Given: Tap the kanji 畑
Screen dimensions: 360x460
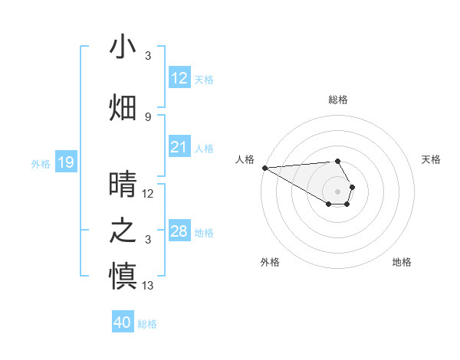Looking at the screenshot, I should [x=123, y=108].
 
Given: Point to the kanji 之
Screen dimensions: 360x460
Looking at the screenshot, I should [x=123, y=231].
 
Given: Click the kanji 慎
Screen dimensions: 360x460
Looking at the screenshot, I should [x=123, y=277].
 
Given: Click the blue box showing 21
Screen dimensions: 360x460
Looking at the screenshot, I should [x=179, y=147].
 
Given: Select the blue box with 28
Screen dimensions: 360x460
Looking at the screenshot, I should [x=179, y=231].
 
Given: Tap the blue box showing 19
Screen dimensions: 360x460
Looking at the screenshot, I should [x=65, y=162].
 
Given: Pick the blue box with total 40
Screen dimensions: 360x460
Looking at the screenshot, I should [x=122, y=322].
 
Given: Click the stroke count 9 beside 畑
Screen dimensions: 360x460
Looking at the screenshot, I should [x=148, y=116].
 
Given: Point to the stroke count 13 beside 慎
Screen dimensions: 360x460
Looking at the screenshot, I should [x=148, y=286].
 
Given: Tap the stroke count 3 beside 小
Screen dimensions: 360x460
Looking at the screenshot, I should [x=148, y=56].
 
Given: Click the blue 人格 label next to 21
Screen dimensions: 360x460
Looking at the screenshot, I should [x=204, y=148].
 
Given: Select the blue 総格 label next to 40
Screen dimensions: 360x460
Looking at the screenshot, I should [x=147, y=324].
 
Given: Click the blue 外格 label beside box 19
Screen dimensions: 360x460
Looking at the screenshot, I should [x=40, y=163].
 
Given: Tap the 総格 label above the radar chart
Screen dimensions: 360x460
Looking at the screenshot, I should [x=337, y=100].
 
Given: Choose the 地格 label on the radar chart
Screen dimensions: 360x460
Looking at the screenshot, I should [x=402, y=262].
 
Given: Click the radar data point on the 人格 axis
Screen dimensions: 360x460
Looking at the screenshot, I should [x=264, y=167].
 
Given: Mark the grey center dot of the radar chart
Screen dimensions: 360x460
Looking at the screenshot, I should [x=337, y=191].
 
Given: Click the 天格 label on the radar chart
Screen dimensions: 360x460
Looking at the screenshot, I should [x=431, y=159].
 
